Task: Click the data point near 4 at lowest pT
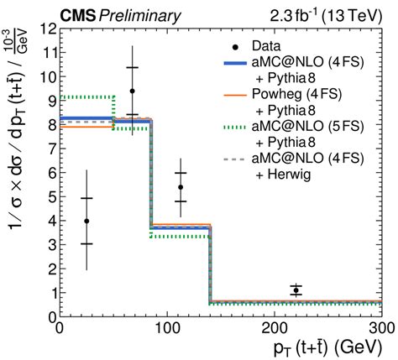(x=86, y=221)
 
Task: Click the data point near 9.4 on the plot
(x=132, y=91)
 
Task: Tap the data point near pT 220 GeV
(x=296, y=290)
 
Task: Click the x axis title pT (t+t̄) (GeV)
(x=295, y=347)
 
